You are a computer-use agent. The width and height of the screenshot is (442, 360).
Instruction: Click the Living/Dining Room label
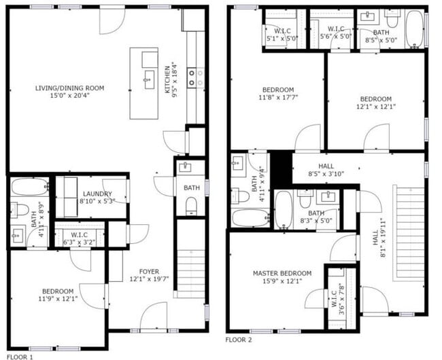[x=69, y=92]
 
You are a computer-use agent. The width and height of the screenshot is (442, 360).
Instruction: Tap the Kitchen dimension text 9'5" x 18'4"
[x=175, y=80]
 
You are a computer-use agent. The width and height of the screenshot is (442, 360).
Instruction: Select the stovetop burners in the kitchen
[x=196, y=78]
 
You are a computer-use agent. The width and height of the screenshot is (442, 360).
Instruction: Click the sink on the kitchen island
[x=149, y=79]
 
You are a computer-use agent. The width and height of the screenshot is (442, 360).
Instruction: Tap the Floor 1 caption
[x=20, y=357]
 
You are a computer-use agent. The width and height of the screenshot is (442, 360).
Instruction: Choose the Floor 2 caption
[x=239, y=340]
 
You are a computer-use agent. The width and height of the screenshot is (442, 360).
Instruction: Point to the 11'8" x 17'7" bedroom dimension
[x=278, y=97]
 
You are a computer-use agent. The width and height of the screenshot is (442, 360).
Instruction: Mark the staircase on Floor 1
[x=191, y=259]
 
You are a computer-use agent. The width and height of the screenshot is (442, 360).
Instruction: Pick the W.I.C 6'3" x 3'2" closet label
[x=79, y=238]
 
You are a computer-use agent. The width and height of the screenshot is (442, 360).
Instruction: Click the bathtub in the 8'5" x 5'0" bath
[x=414, y=29]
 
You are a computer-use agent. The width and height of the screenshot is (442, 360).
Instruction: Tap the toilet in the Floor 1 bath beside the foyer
[x=191, y=206]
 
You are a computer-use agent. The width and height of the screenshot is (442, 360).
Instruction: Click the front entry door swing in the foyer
[x=154, y=315]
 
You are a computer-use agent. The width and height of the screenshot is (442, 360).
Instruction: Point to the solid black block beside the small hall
[x=281, y=169]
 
